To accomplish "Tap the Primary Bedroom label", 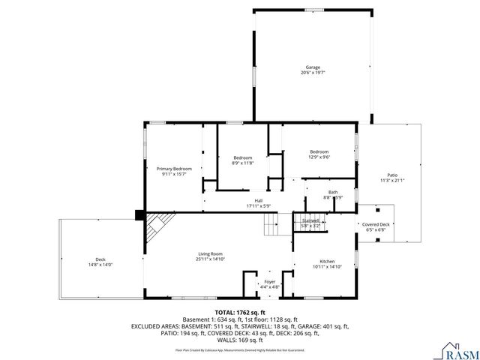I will [x=174, y=169].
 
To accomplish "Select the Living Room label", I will [x=211, y=253].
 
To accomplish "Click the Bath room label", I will [x=332, y=192].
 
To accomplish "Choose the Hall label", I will [x=258, y=200].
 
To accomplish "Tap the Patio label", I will [x=391, y=175].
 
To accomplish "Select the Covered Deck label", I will [x=376, y=224].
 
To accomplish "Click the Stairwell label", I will [x=310, y=220].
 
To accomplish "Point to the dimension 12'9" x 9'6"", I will [x=319, y=157].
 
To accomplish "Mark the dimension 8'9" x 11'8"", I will [x=243, y=163].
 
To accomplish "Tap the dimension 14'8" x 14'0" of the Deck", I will [x=100, y=265].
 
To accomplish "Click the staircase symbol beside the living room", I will [x=271, y=223].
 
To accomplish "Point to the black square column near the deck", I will [x=139, y=215].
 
